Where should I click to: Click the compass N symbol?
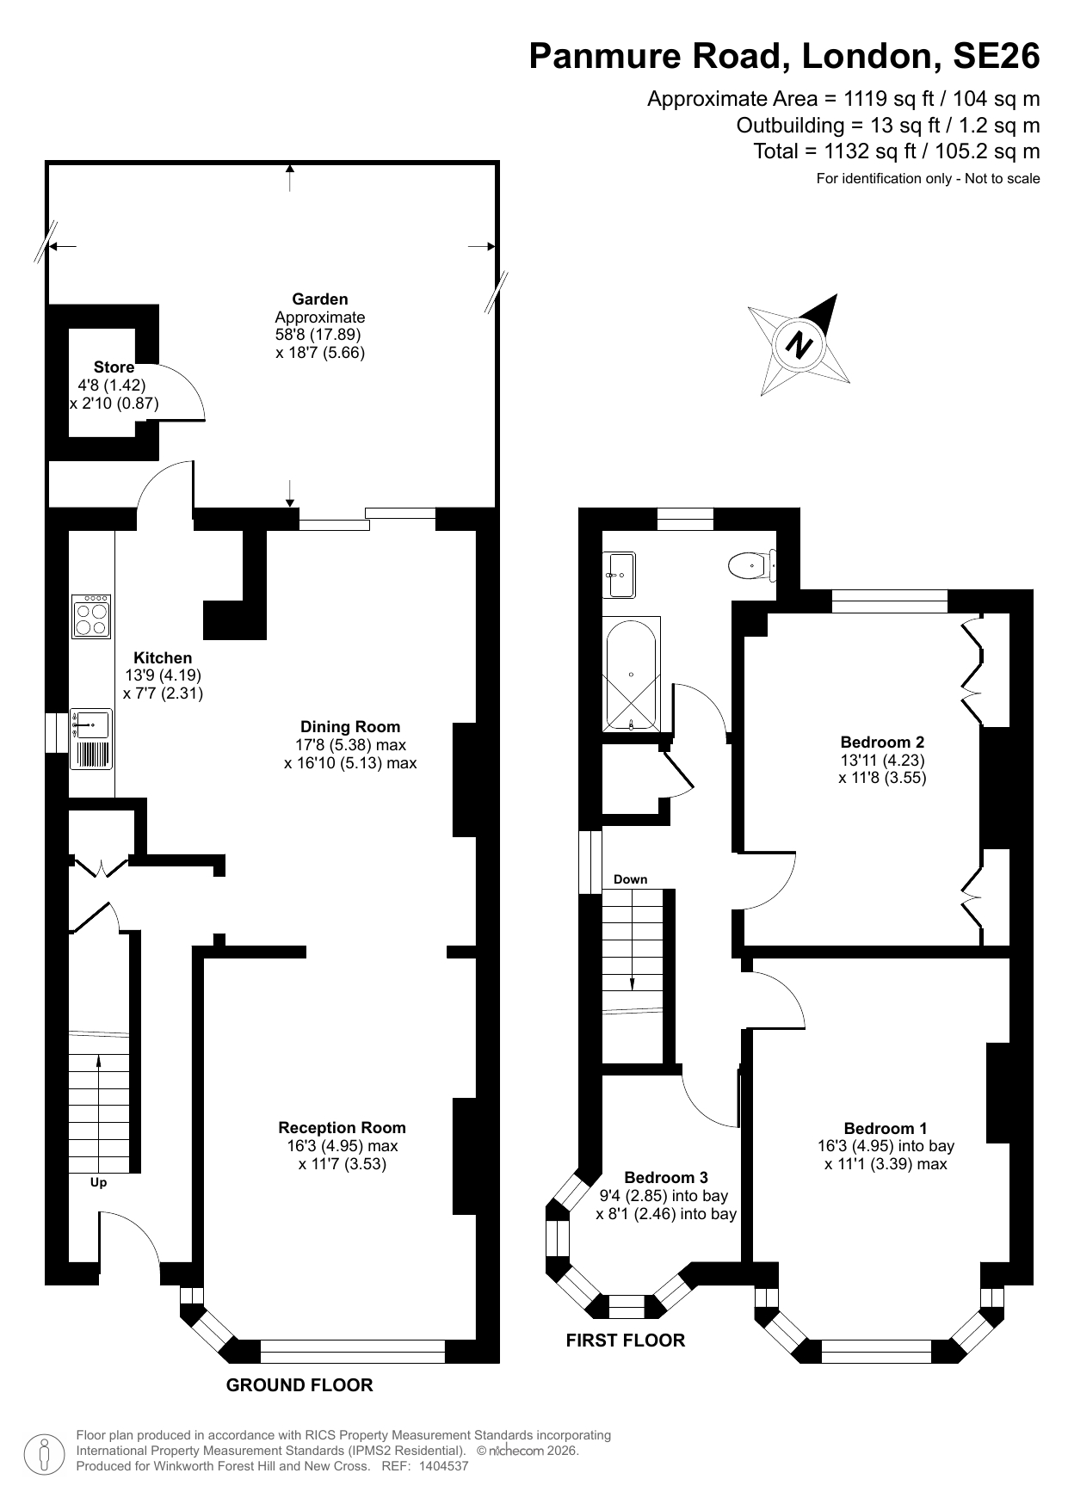pos(800,345)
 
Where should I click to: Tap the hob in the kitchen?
pos(91,616)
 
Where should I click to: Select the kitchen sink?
pos(91,724)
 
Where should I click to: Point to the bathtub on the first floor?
pos(633,673)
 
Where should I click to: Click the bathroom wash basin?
pos(619,574)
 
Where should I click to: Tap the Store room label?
pos(114,367)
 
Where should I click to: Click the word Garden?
pos(320,299)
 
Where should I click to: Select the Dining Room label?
pos(350,727)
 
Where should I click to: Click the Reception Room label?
pos(342,1127)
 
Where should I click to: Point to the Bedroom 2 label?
pos(882,742)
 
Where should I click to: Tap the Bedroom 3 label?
pos(666,1177)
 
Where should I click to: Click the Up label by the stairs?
pos(99,1183)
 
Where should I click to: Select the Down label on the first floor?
pos(630,879)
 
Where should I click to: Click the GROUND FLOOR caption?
pos(299,1384)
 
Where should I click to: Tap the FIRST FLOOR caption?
pos(626,1340)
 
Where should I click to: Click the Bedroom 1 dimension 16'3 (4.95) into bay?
pos(886,1146)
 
